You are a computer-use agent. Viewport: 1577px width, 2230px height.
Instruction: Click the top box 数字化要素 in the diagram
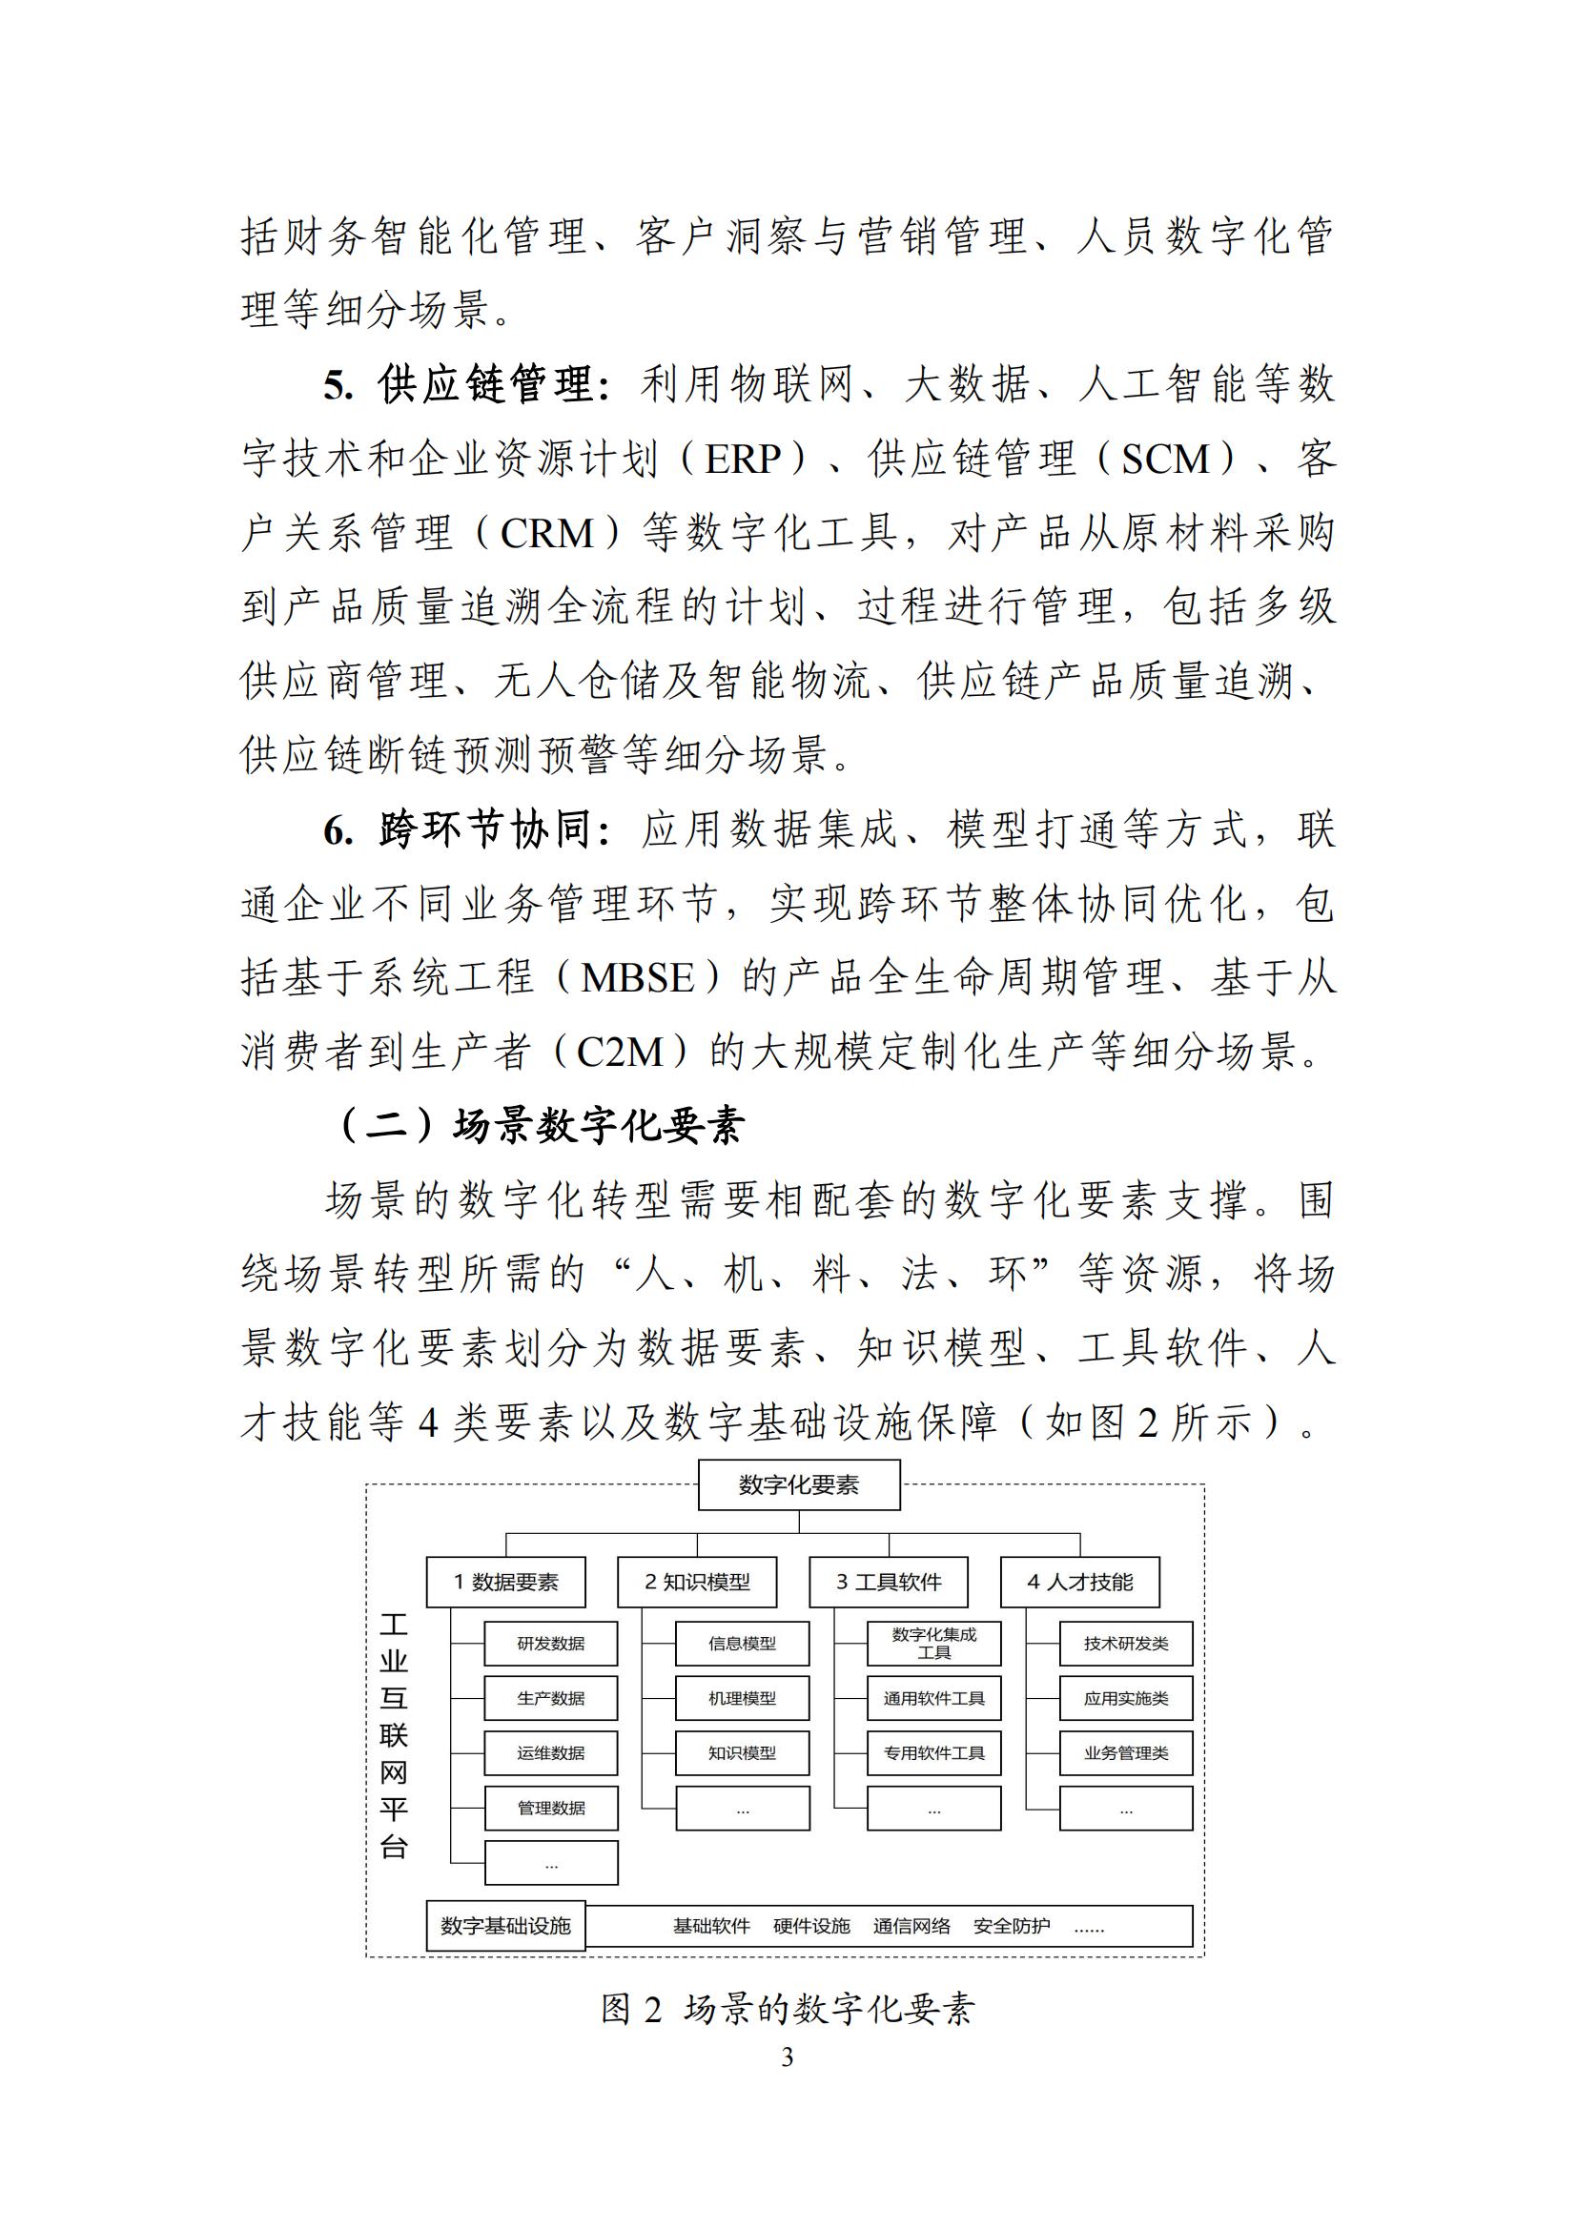click(x=798, y=1485)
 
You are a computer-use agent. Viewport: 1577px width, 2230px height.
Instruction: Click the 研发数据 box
click(x=550, y=1644)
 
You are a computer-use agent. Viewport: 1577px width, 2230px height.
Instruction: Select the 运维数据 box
click(x=550, y=1753)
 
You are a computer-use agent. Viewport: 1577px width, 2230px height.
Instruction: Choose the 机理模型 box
click(x=742, y=1699)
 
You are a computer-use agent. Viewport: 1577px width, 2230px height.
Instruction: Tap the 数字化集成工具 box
click(x=933, y=1644)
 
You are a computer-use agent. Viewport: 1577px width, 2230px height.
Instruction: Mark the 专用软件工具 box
click(x=933, y=1753)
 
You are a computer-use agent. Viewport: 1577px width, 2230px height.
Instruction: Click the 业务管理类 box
click(x=1125, y=1753)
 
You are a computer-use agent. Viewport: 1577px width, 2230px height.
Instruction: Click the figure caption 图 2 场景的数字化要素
click(x=787, y=2010)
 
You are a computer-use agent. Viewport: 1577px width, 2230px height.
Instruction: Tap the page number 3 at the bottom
click(x=788, y=2057)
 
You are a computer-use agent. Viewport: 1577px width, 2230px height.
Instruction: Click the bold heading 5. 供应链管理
click(x=467, y=385)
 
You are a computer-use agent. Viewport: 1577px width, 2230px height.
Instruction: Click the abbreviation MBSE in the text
click(x=638, y=978)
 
